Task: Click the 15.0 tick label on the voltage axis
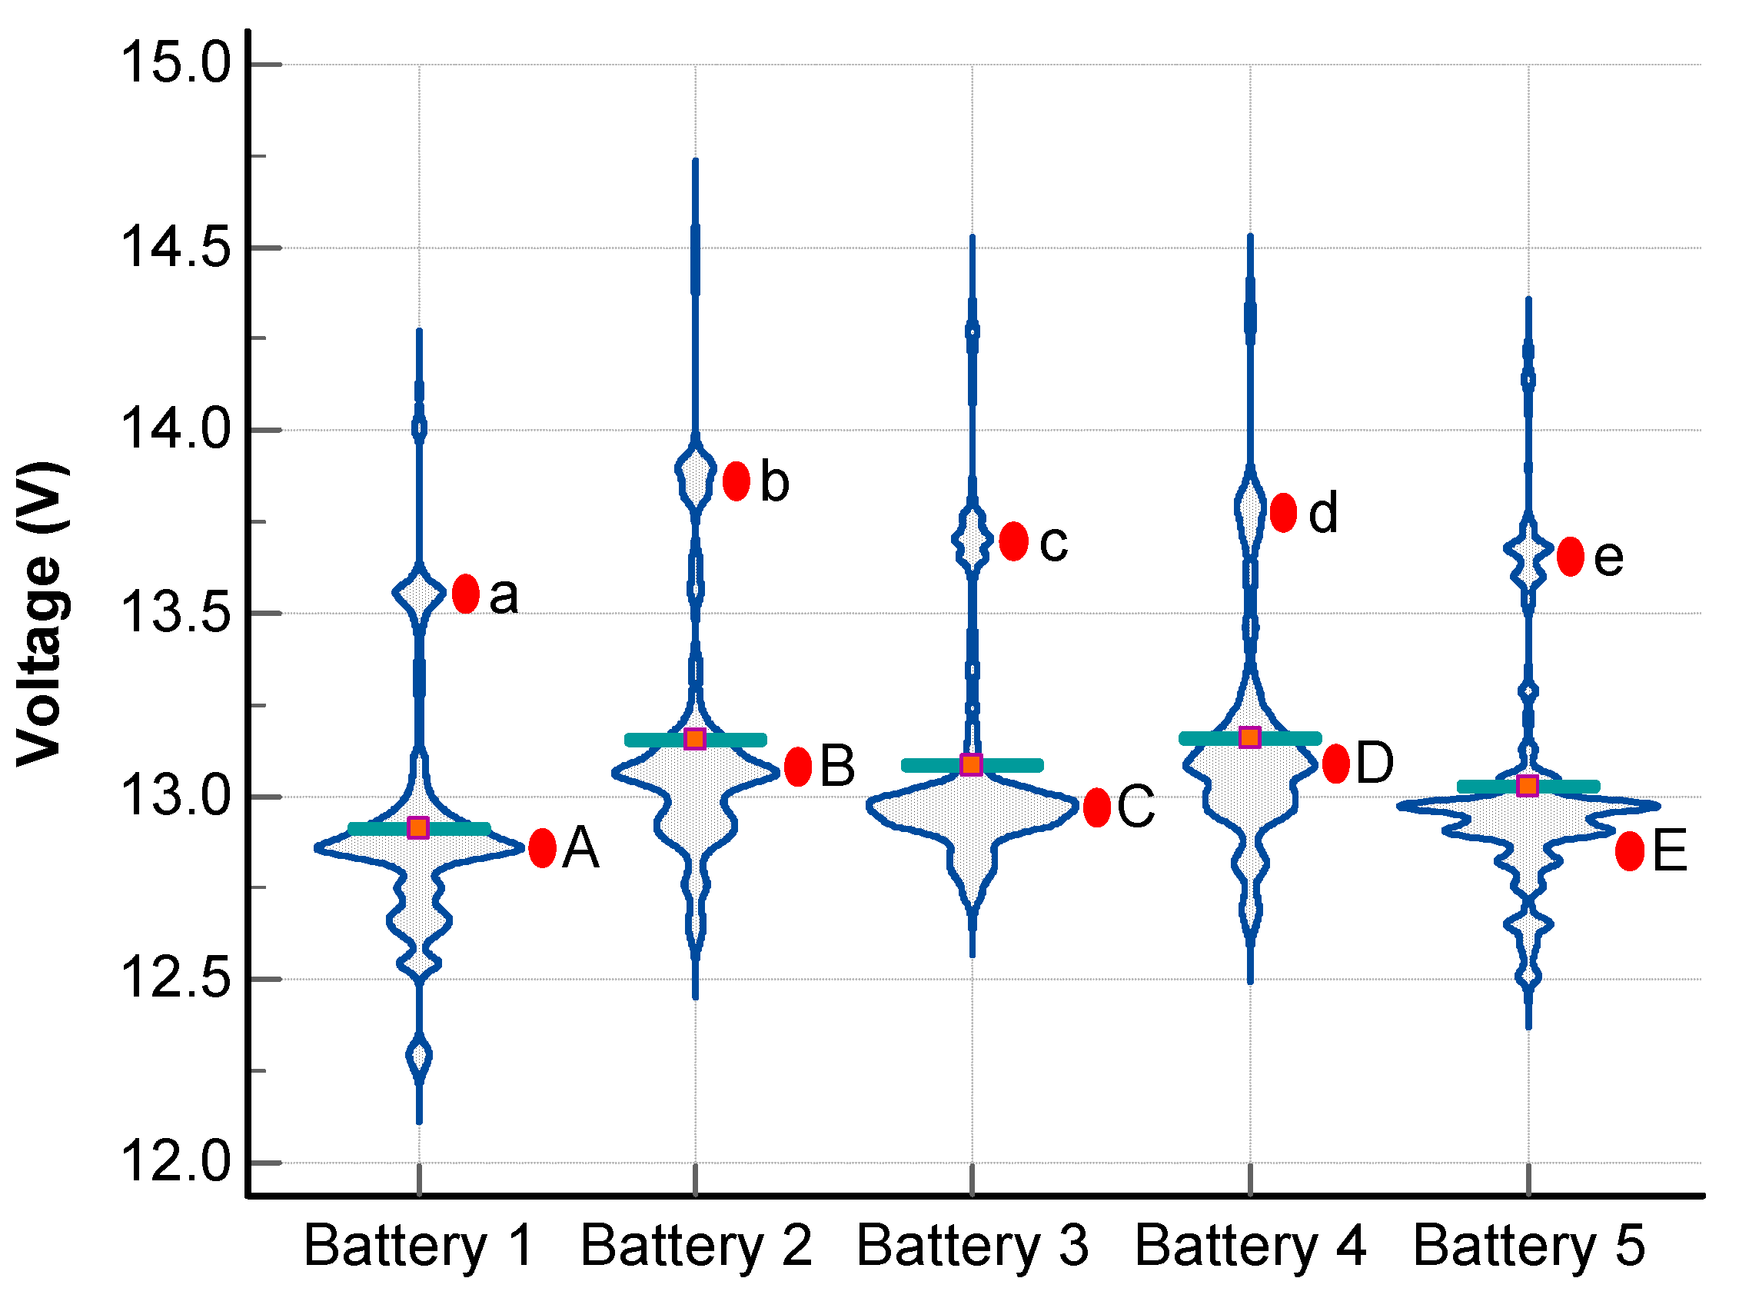pos(176,63)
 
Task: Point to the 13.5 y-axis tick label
pos(176,612)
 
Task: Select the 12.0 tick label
pos(176,1162)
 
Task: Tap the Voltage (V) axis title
pos(42,613)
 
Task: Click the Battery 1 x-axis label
pos(418,1246)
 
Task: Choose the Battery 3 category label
pos(972,1246)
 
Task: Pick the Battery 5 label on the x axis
pos(1528,1246)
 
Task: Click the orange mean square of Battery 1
pos(418,827)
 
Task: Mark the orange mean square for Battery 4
pos(1249,737)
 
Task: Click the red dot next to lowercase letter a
pos(465,593)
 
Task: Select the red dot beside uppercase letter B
pos(797,766)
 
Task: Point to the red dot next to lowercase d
pos(1282,512)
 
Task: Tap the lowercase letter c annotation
pos(1052,543)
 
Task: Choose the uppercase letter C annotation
pos(1135,806)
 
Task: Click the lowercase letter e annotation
pos(1608,557)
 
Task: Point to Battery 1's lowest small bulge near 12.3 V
pos(418,1055)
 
